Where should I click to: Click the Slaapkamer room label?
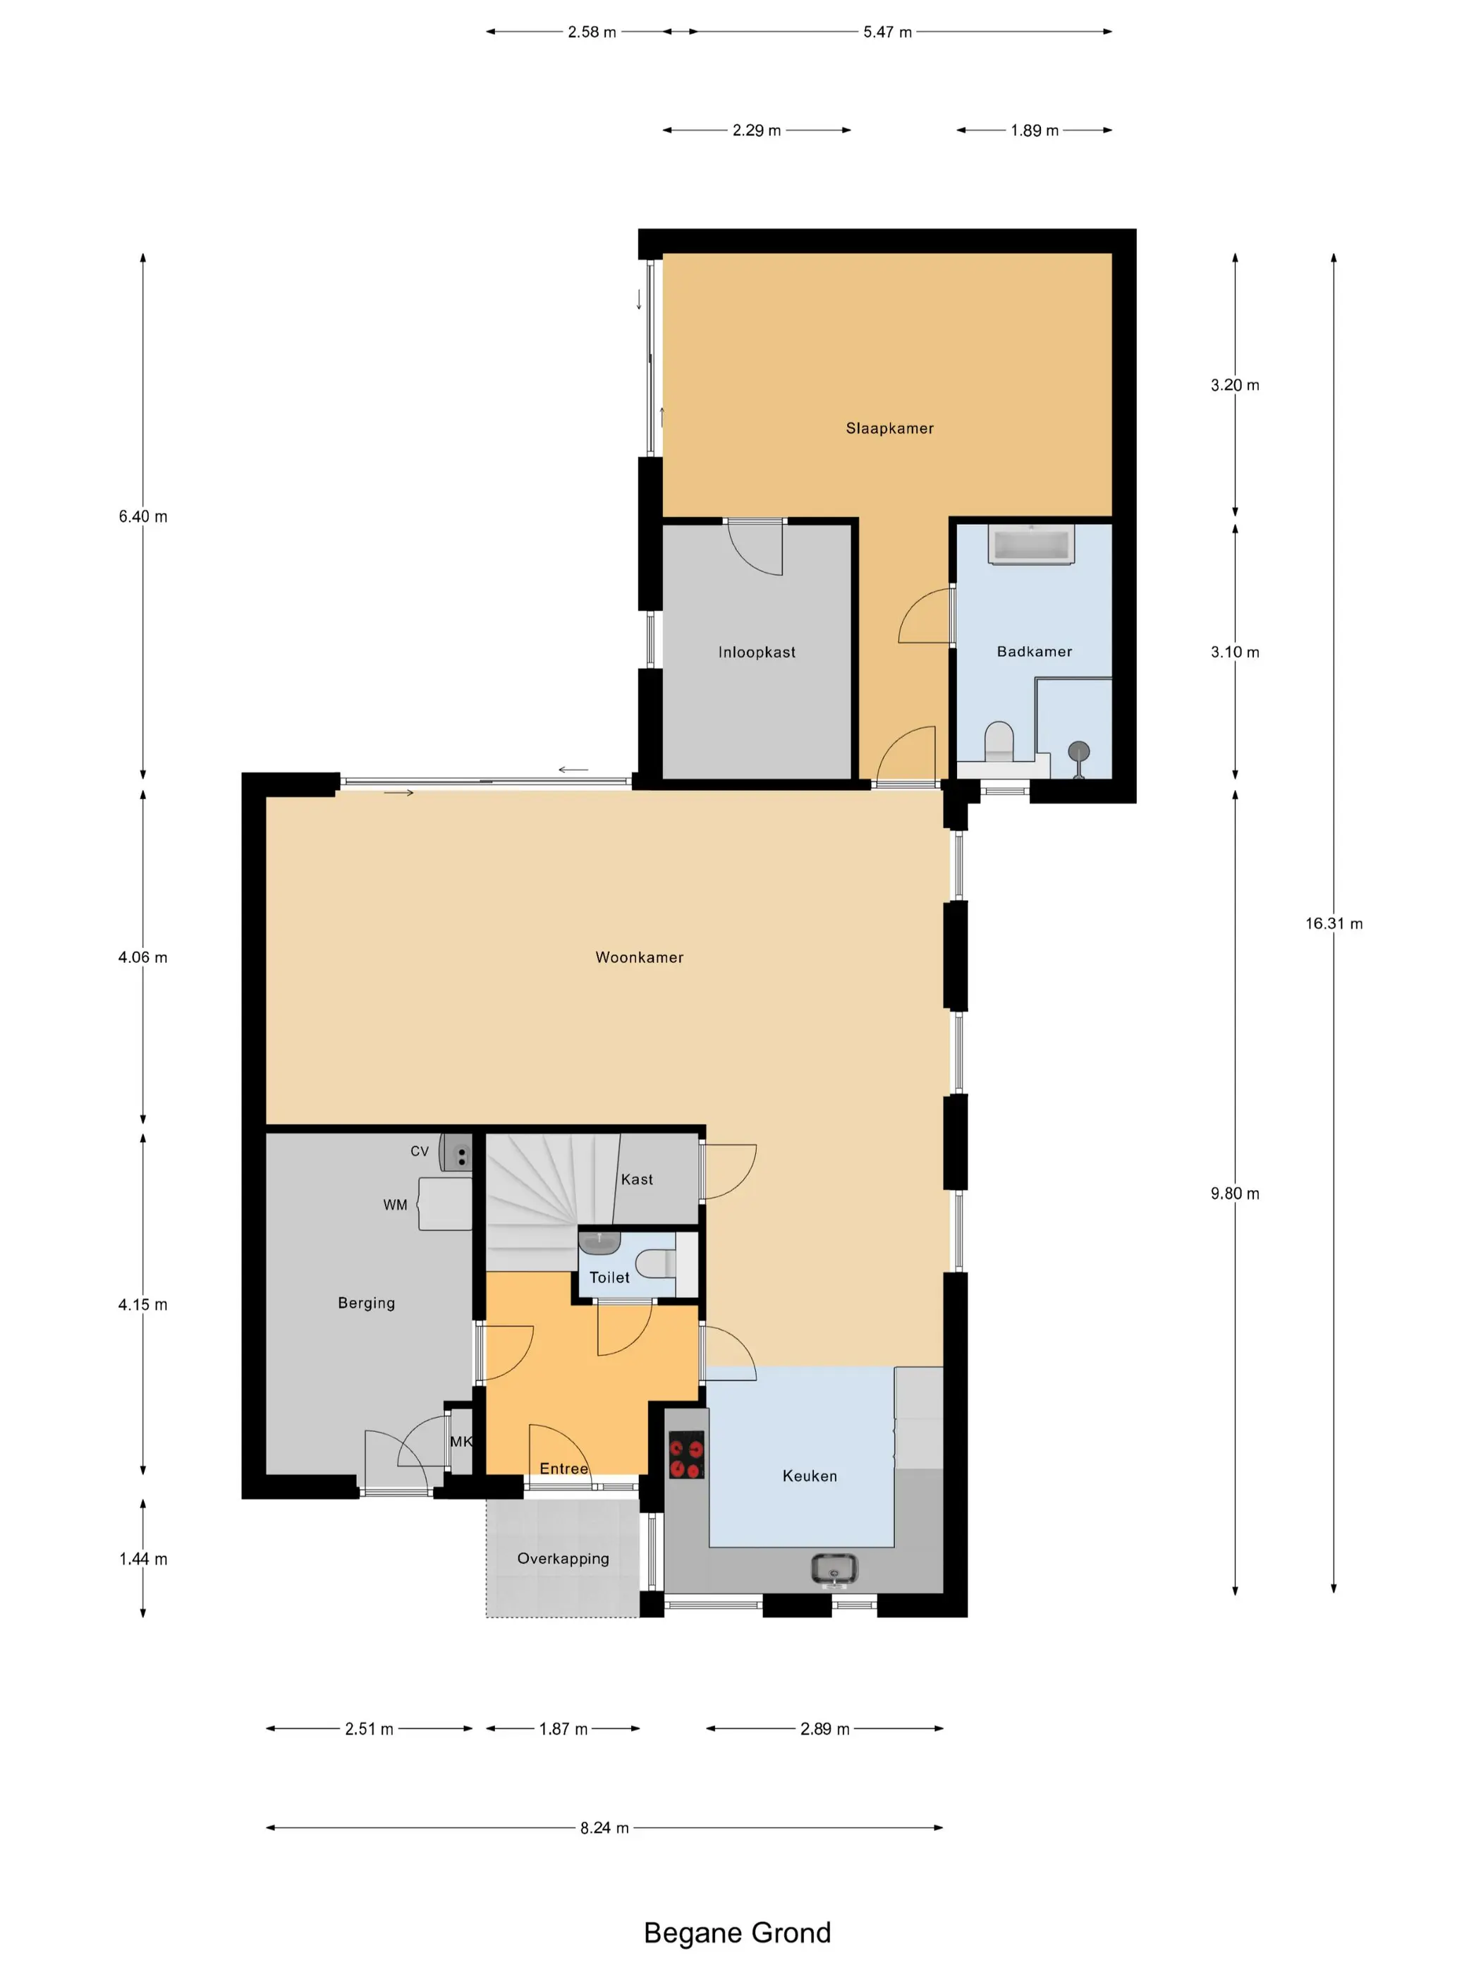889,429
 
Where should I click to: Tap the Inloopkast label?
756,652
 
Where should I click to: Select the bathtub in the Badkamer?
1031,545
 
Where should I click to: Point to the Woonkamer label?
639,957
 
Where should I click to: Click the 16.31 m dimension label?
1334,923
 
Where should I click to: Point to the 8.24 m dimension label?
604,1828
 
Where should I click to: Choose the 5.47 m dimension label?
887,32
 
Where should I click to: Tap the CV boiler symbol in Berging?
456,1155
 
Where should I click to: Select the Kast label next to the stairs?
638,1179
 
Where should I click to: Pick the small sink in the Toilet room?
599,1242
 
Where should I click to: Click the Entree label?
564,1469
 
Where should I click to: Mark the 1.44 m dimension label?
143,1559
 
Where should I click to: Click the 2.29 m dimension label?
756,130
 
